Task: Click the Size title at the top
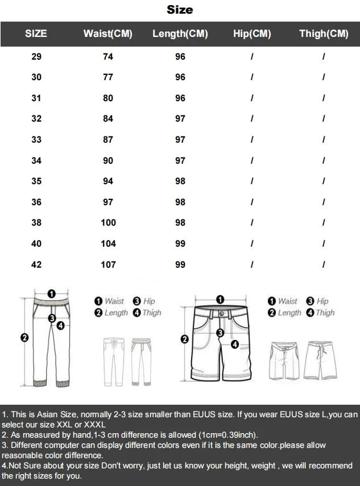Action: pyautogui.click(x=180, y=10)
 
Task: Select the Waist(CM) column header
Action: pyautogui.click(x=108, y=34)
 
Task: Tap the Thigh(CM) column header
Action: pyautogui.click(x=324, y=34)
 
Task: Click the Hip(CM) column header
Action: pyautogui.click(x=252, y=34)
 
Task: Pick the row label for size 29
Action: pyautogui.click(x=36, y=57)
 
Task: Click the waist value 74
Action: pyautogui.click(x=108, y=57)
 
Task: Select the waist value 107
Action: pyautogui.click(x=108, y=265)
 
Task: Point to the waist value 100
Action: pyautogui.click(x=108, y=223)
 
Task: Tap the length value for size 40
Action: pyautogui.click(x=180, y=244)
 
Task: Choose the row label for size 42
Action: pyautogui.click(x=36, y=265)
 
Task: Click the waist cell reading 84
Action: pyautogui.click(x=108, y=119)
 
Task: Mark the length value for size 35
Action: pyautogui.click(x=180, y=181)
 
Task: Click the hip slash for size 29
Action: pyautogui.click(x=252, y=57)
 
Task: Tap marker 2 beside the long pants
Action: pyautogui.click(x=24, y=338)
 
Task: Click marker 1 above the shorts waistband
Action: pyautogui.click(x=220, y=300)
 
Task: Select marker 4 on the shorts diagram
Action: pyautogui.click(x=235, y=344)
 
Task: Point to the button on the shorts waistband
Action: pyautogui.click(x=222, y=314)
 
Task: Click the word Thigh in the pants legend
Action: pyautogui.click(x=152, y=313)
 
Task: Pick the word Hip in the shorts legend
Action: pyautogui.click(x=322, y=301)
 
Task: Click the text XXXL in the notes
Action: pyautogui.click(x=95, y=425)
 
